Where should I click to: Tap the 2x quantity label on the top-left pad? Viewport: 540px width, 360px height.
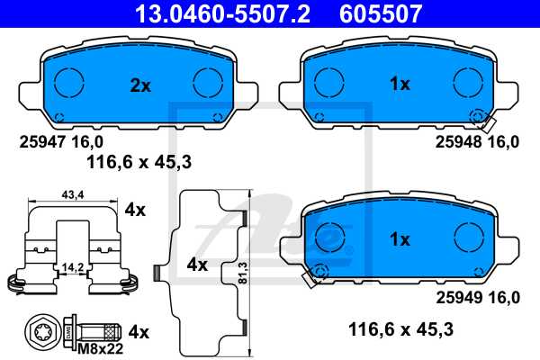click(139, 85)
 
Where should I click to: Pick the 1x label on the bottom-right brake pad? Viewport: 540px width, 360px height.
click(399, 239)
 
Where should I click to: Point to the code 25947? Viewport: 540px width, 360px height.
click(40, 142)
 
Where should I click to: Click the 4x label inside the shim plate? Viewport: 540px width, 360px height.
click(196, 265)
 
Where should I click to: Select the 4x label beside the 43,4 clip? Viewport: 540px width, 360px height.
click(135, 210)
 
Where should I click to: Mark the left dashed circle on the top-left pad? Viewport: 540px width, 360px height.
click(70, 82)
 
